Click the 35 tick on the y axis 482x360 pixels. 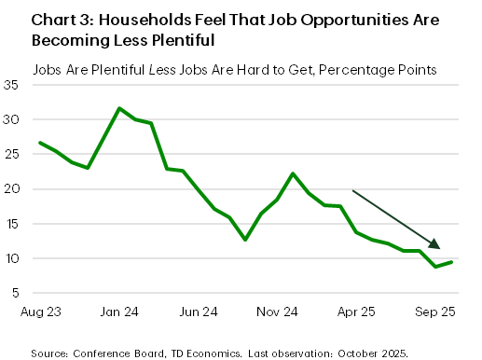tap(13, 85)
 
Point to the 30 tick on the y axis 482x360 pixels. tap(13, 119)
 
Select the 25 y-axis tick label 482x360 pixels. tap(13, 154)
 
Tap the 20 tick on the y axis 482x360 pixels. tap(13, 189)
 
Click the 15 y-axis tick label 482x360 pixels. tap(13, 224)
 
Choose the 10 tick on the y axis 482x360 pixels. tap(13, 258)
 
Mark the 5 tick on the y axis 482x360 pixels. tap(16, 293)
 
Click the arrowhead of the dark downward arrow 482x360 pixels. tap(434, 244)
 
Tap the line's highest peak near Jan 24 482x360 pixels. tap(119, 108)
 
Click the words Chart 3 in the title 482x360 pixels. tap(62, 20)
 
